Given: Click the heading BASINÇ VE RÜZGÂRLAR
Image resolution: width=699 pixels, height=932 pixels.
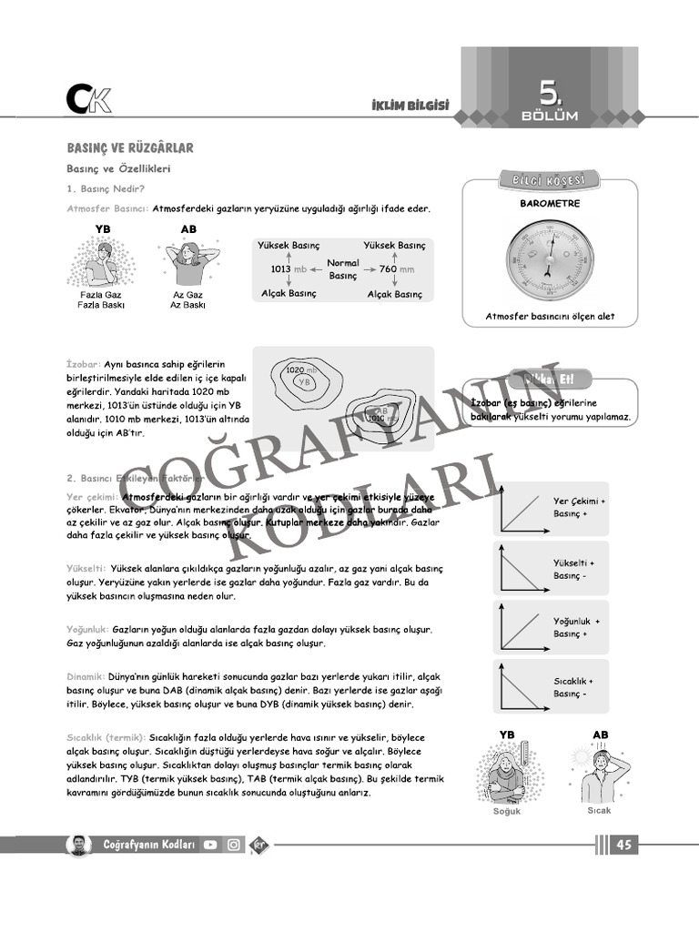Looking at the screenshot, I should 129,147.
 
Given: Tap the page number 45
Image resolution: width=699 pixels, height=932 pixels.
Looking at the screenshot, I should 623,845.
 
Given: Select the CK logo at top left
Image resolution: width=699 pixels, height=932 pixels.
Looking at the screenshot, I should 88,98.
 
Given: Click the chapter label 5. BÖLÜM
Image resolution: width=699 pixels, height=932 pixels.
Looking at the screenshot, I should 549,102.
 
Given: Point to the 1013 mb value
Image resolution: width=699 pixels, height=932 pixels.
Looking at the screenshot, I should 289,269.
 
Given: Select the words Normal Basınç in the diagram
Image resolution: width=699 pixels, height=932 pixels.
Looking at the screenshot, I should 343,269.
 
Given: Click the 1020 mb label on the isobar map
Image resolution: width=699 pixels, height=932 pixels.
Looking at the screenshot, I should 300,370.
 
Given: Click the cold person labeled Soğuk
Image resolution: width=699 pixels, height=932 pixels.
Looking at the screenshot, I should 507,773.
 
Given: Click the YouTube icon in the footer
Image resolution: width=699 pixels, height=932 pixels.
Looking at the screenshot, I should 211,845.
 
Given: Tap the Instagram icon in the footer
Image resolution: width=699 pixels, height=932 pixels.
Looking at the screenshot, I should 234,845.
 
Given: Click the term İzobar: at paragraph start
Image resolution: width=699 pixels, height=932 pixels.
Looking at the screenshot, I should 85,363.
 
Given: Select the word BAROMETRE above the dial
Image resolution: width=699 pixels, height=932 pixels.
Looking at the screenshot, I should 549,204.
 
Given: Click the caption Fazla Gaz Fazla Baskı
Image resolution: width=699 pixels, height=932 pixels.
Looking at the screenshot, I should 101,300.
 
